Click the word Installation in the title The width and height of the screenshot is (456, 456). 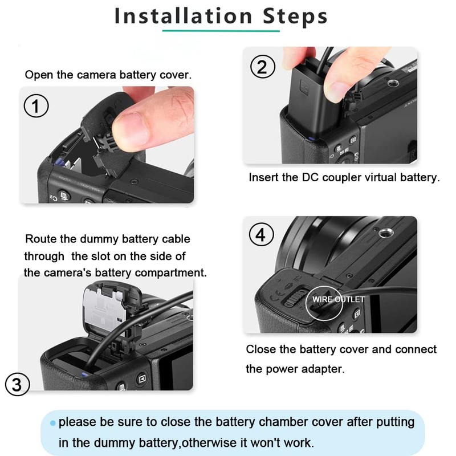(183, 16)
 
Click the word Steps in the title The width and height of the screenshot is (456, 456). (295, 17)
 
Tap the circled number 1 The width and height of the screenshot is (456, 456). (36, 106)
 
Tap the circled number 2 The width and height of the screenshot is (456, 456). (263, 66)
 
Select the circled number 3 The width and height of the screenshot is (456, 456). (18, 384)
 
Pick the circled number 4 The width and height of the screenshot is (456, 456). (262, 234)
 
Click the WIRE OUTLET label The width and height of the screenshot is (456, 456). (338, 299)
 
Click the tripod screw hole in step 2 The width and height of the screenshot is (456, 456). (393, 83)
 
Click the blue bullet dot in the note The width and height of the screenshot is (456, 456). (52, 423)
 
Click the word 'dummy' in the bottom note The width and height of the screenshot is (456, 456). (115, 443)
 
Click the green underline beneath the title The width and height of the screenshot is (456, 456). (221, 31)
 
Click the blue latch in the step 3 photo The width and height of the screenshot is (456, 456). (84, 374)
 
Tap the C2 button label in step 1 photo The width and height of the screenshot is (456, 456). (53, 197)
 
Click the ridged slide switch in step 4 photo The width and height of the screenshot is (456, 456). (294, 298)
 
